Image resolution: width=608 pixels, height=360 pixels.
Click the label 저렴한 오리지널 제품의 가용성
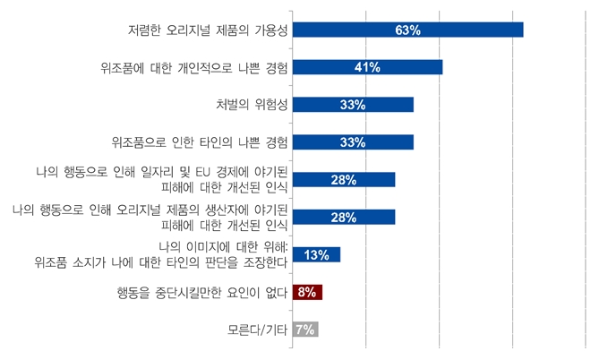pos(206,30)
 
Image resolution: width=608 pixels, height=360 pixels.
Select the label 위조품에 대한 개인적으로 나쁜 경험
pos(193,67)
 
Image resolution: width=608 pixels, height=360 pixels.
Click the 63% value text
pos(407,30)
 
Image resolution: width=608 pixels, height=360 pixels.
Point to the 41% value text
pos(367,67)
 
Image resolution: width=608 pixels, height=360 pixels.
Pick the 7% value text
pos(305,330)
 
